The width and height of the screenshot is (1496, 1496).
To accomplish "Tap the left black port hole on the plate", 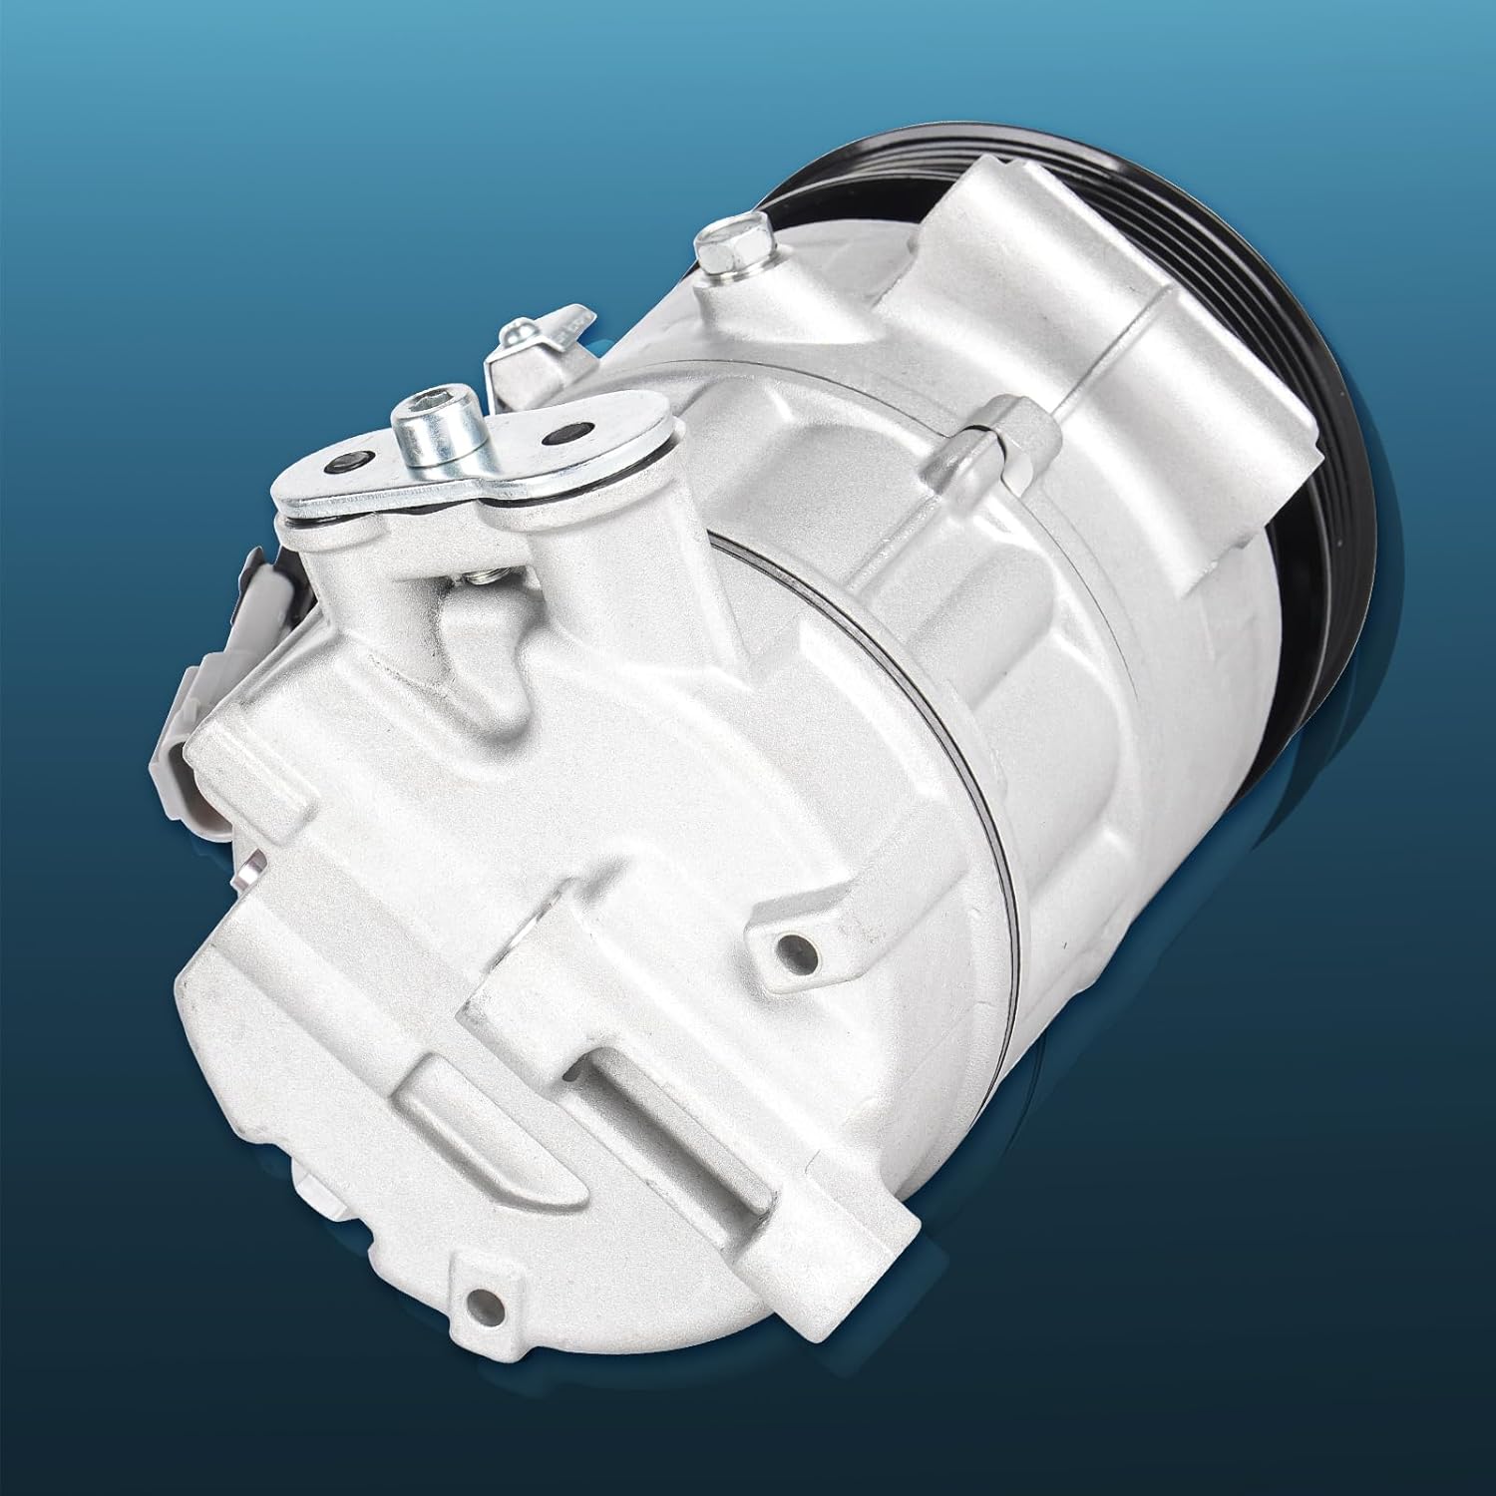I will click(349, 464).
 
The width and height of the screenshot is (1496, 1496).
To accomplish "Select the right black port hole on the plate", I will click(557, 436).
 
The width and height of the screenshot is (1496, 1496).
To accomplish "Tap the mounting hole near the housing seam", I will click(790, 941).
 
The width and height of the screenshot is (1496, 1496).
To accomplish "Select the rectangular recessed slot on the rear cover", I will click(638, 1087).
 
